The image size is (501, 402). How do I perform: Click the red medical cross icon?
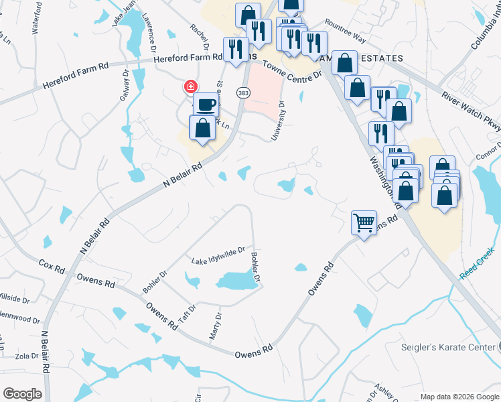click(191, 86)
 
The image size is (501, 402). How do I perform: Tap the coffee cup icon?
click(206, 105)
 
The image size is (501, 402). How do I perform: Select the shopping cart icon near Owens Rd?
click(364, 222)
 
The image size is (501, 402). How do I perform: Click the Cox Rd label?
click(52, 266)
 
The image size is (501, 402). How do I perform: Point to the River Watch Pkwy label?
click(471, 108)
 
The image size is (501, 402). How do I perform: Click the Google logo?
click(22, 393)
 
